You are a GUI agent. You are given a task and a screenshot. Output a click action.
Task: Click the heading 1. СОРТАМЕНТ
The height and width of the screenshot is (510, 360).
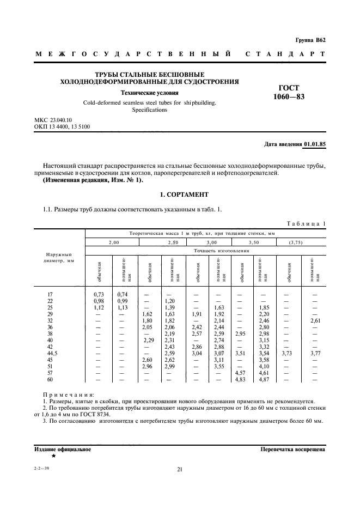click(180, 195)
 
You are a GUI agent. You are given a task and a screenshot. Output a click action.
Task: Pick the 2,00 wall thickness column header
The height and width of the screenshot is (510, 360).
click(113, 241)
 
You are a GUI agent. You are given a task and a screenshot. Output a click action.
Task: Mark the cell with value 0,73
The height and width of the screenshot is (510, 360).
click(98, 294)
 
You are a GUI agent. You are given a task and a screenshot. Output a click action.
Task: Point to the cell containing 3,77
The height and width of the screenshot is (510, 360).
click(315, 353)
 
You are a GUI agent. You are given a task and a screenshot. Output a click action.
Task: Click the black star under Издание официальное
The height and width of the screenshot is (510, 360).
click(53, 456)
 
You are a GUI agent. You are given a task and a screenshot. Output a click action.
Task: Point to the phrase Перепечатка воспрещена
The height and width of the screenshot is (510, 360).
click(293, 450)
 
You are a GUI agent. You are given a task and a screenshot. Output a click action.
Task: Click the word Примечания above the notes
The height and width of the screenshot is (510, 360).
click(68, 393)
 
